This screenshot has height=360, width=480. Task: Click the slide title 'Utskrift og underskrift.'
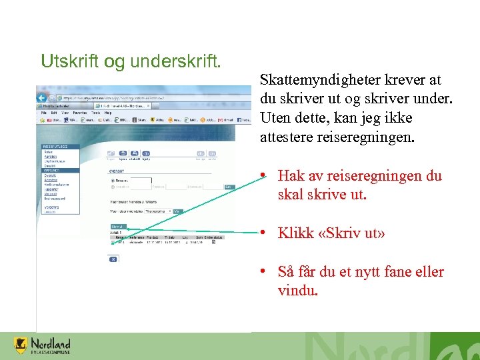coord(131,62)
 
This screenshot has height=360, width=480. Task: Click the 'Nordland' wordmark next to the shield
coord(50,343)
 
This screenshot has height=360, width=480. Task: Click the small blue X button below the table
coord(113,259)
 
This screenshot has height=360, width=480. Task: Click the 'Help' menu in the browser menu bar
coord(106,113)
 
